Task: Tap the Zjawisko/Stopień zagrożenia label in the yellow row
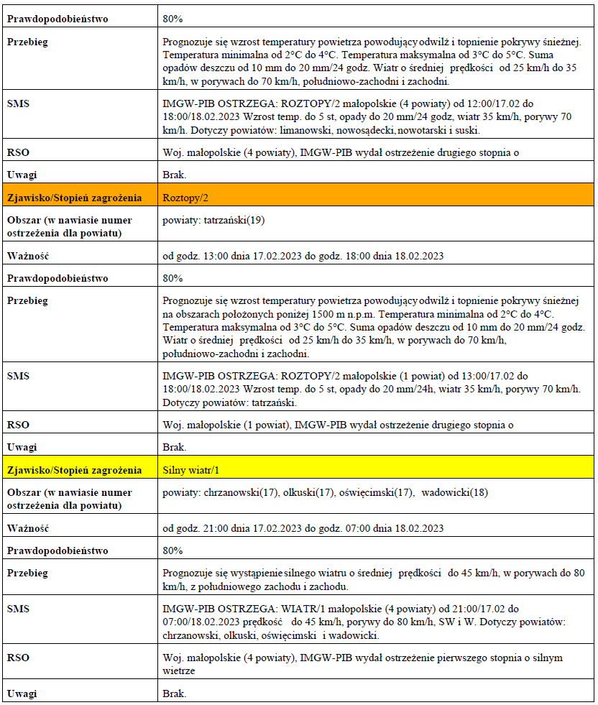(74, 470)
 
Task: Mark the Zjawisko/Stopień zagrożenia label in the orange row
(74, 197)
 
